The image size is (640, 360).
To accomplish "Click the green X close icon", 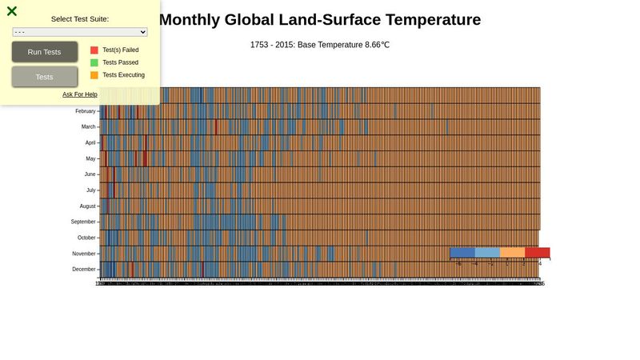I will (12, 11).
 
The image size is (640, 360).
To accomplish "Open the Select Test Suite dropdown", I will (80, 32).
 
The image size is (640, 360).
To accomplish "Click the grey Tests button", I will (45, 77).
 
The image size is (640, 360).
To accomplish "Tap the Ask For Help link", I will (80, 94).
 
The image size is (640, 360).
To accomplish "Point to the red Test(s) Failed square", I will (94, 50).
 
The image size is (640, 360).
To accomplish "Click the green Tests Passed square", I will (94, 62).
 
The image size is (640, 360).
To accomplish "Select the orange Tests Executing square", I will (94, 75).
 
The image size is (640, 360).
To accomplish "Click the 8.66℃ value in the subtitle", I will (374, 45).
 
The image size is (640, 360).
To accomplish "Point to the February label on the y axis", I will (85, 111).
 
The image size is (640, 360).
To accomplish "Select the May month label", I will (90, 158).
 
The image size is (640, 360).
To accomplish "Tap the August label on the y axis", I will (87, 206).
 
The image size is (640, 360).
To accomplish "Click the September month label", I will (83, 222).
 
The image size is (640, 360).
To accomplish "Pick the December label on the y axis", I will (84, 269).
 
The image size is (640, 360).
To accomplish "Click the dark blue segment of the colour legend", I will (462, 252).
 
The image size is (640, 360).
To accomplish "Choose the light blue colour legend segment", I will (487, 252).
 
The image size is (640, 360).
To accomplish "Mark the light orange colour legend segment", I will (512, 252).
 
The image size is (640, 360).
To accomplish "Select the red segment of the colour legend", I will (537, 252).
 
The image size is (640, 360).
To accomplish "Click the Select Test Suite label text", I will (80, 18).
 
